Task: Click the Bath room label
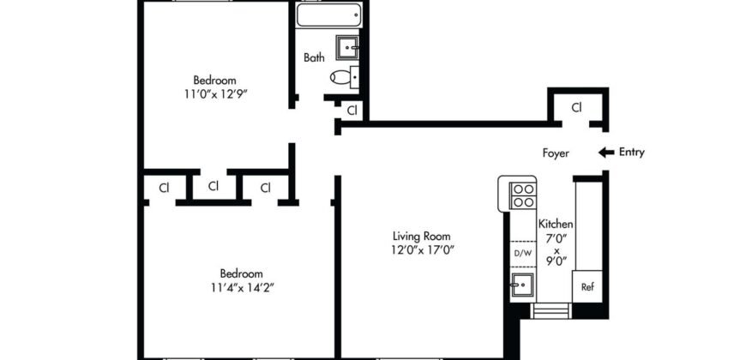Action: point(314,58)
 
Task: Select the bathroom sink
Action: point(346,46)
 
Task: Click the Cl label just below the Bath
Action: point(352,110)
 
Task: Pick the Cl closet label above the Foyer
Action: point(577,108)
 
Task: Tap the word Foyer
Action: point(556,153)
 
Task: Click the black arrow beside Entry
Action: point(605,153)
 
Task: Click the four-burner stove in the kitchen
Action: point(522,196)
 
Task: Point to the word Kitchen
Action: point(556,224)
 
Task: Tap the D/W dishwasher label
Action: point(522,253)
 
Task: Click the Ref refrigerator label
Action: point(587,287)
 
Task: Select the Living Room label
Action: point(422,237)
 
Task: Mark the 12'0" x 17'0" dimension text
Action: point(422,250)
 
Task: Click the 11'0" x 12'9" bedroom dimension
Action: point(214,94)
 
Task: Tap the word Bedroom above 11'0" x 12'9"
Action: point(214,81)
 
